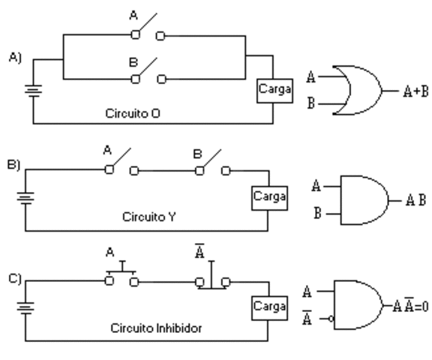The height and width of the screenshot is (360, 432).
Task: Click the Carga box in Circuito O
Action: tap(269, 88)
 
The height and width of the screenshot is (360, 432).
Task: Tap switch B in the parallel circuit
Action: tap(147, 73)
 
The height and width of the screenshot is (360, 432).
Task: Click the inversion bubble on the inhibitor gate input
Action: tap(330, 319)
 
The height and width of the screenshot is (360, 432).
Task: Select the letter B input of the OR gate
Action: tap(311, 105)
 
